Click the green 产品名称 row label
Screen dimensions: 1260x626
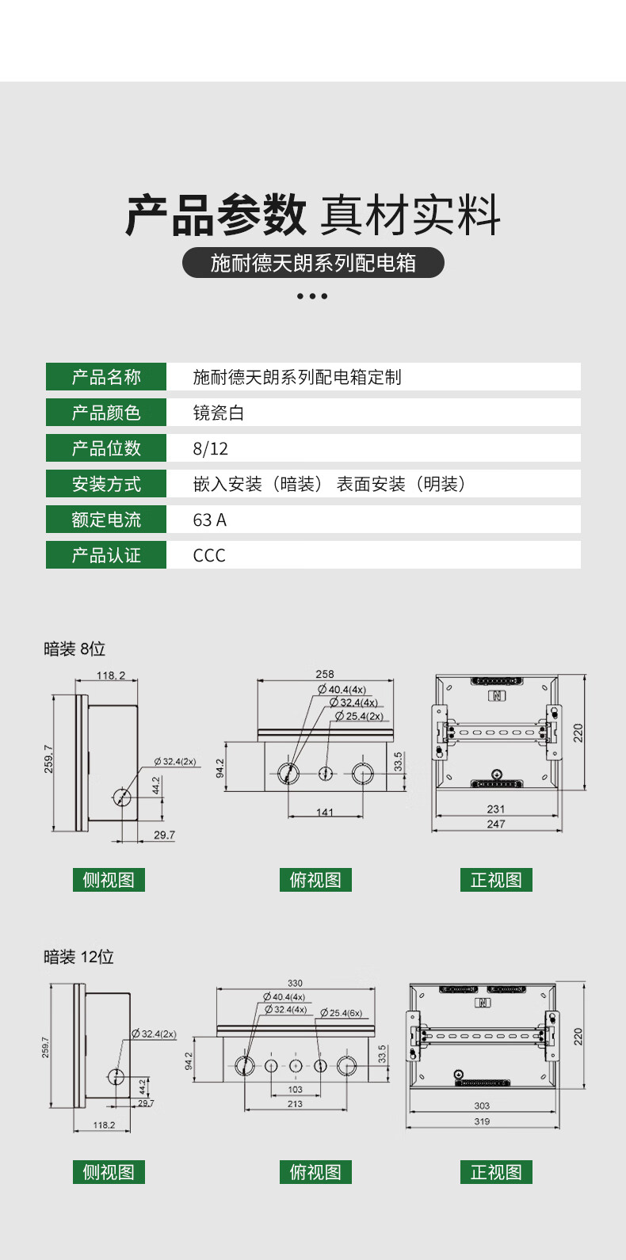[106, 377]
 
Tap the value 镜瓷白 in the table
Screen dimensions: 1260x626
[218, 413]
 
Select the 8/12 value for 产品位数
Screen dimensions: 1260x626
[210, 448]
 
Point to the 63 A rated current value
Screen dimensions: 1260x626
[209, 520]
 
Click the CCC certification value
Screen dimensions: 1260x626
[209, 555]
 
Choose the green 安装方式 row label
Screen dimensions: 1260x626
[106, 484]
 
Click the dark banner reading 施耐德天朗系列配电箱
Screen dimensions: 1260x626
[313, 262]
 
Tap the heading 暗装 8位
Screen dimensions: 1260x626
[74, 649]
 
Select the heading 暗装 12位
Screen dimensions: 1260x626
[78, 957]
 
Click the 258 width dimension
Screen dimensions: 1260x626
[325, 674]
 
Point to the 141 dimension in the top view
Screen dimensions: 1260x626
[325, 812]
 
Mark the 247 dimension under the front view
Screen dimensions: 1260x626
[496, 824]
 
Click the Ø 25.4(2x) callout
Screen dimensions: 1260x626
[360, 716]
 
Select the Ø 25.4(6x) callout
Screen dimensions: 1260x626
[342, 1013]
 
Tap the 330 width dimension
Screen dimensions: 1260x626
[295, 983]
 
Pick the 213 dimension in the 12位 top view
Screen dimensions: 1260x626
[295, 1103]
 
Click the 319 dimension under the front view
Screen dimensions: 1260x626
[482, 1121]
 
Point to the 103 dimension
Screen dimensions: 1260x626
[295, 1090]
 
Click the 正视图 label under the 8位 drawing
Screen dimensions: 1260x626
[496, 880]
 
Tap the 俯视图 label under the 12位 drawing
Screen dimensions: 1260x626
[315, 1172]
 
